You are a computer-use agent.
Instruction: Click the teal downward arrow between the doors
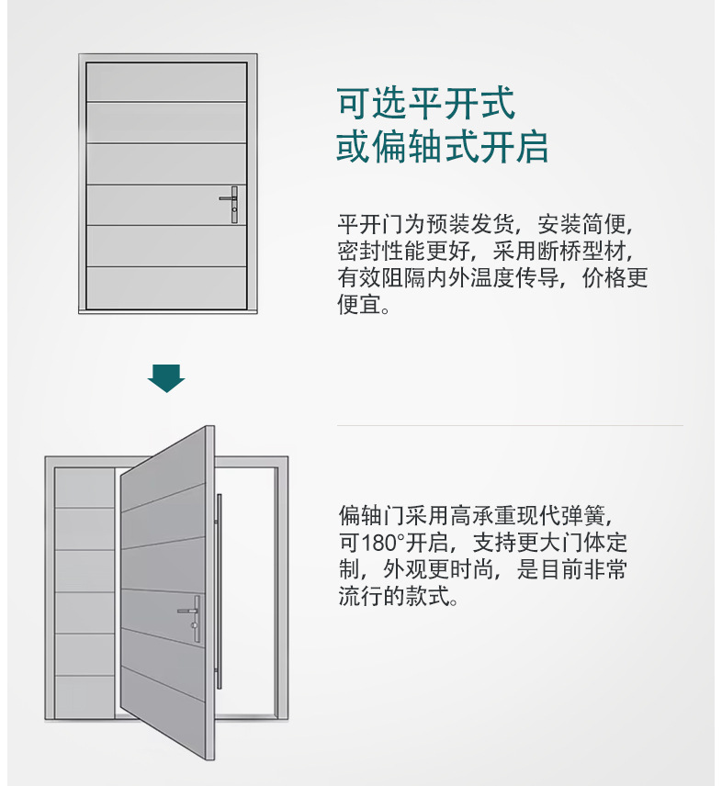click(166, 378)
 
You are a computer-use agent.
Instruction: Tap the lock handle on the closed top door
click(232, 204)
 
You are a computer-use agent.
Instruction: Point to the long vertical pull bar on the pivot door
click(219, 591)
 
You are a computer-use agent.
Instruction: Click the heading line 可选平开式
click(426, 103)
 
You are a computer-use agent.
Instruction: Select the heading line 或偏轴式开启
click(442, 146)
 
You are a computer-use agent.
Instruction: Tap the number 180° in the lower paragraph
click(382, 543)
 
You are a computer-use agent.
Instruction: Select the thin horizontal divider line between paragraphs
click(510, 425)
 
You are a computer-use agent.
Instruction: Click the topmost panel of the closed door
click(166, 82)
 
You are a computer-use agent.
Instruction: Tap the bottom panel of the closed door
click(166, 287)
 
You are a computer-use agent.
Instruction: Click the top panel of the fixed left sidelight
click(85, 488)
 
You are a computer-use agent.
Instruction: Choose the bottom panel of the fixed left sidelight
click(85, 697)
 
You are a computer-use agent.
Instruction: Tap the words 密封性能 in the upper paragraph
click(381, 251)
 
